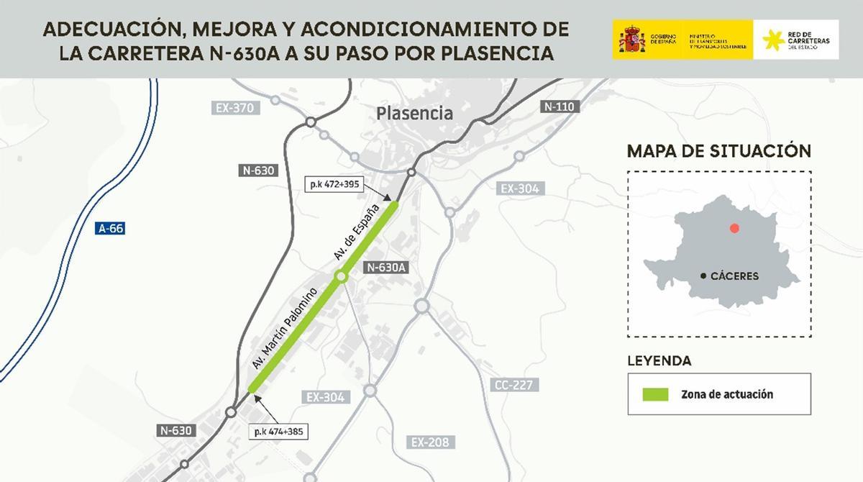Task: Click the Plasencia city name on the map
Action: pos(415,113)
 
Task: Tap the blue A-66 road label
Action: pos(111,229)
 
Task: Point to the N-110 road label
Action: pos(559,106)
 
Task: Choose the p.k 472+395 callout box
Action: pos(334,184)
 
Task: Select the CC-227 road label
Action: pos(513,385)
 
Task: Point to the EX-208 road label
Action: pos(429,442)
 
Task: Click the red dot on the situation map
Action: pos(734,228)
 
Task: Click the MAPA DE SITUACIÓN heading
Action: pos(719,151)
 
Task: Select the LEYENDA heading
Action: pos(659,360)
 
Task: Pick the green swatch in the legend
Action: pos(655,394)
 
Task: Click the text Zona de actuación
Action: pos(727,394)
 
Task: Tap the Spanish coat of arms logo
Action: pos(631,40)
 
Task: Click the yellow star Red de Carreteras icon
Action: pos(773,40)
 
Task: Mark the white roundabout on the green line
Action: pos(341,276)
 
